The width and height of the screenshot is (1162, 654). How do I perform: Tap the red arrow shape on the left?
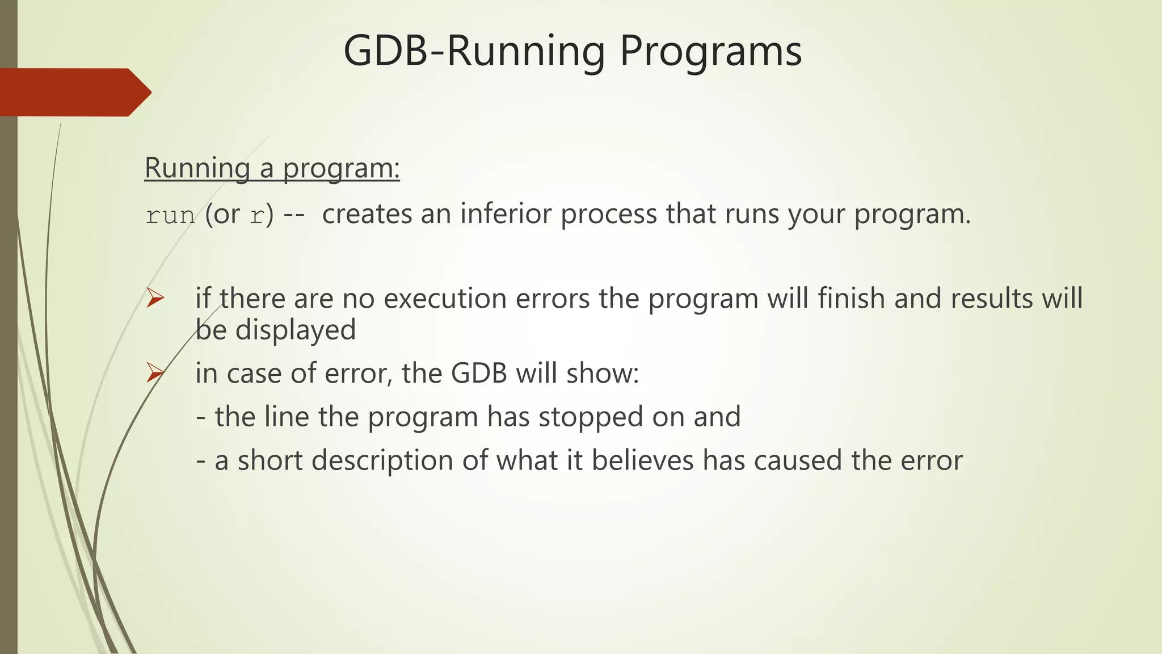tap(74, 93)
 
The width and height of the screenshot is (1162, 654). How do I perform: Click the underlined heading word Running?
tap(197, 169)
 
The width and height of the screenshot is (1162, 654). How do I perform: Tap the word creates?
tap(367, 214)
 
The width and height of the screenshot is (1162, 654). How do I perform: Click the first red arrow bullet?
tap(155, 298)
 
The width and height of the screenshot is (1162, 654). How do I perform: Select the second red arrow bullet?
tap(155, 373)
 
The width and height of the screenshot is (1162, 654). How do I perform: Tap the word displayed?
tap(295, 330)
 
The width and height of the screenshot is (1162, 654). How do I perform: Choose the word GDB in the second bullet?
tap(479, 374)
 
